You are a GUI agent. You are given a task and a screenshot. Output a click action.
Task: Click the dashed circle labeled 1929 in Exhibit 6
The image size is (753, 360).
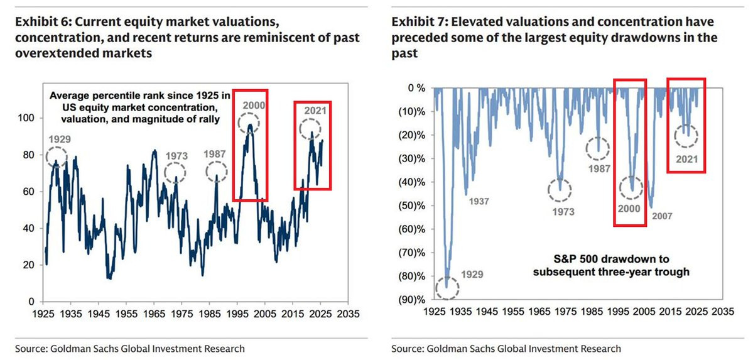(56, 155)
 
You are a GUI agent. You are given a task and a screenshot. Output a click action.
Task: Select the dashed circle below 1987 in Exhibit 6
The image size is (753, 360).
(216, 171)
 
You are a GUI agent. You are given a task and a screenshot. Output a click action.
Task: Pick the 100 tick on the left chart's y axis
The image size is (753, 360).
(30, 117)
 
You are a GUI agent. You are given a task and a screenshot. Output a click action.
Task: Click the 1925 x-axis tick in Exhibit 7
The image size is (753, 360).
(435, 312)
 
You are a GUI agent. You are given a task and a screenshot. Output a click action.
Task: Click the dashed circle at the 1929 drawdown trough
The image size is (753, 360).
(447, 288)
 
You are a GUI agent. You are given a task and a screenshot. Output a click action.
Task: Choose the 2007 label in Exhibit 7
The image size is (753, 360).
(662, 216)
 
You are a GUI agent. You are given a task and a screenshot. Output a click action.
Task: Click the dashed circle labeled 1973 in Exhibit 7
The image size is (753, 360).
(560, 188)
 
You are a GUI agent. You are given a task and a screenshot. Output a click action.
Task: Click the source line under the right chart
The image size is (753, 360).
(506, 348)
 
